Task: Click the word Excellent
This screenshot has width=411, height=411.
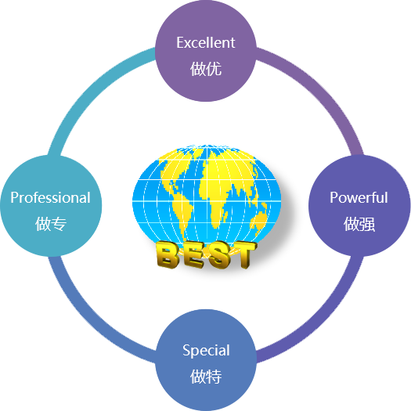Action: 206,43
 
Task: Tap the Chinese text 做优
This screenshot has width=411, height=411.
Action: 206,69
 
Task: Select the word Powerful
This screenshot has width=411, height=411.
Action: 359,197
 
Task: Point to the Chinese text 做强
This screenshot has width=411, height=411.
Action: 359,224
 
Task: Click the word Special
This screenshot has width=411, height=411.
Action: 206,351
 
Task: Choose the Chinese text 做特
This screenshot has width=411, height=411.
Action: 206,377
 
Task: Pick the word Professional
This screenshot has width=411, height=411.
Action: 50,197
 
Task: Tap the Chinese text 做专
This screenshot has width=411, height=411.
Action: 51,224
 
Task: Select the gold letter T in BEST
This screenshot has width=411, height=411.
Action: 243,254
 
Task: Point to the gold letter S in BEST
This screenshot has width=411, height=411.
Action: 218,254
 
